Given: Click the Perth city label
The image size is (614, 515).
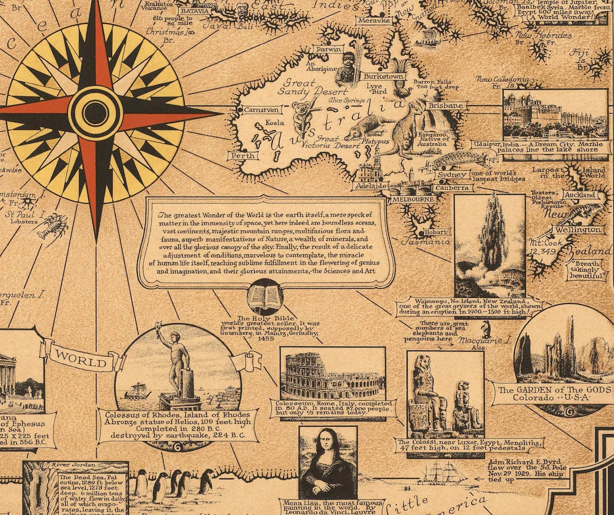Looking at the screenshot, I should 241,156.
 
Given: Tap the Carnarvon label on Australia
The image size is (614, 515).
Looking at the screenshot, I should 261,110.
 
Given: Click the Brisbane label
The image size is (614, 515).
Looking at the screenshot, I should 445,106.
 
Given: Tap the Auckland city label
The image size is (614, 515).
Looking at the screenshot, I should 580,195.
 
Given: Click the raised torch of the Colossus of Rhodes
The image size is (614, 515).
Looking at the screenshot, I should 159,326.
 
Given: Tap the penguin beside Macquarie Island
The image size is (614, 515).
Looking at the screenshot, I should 486,328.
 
